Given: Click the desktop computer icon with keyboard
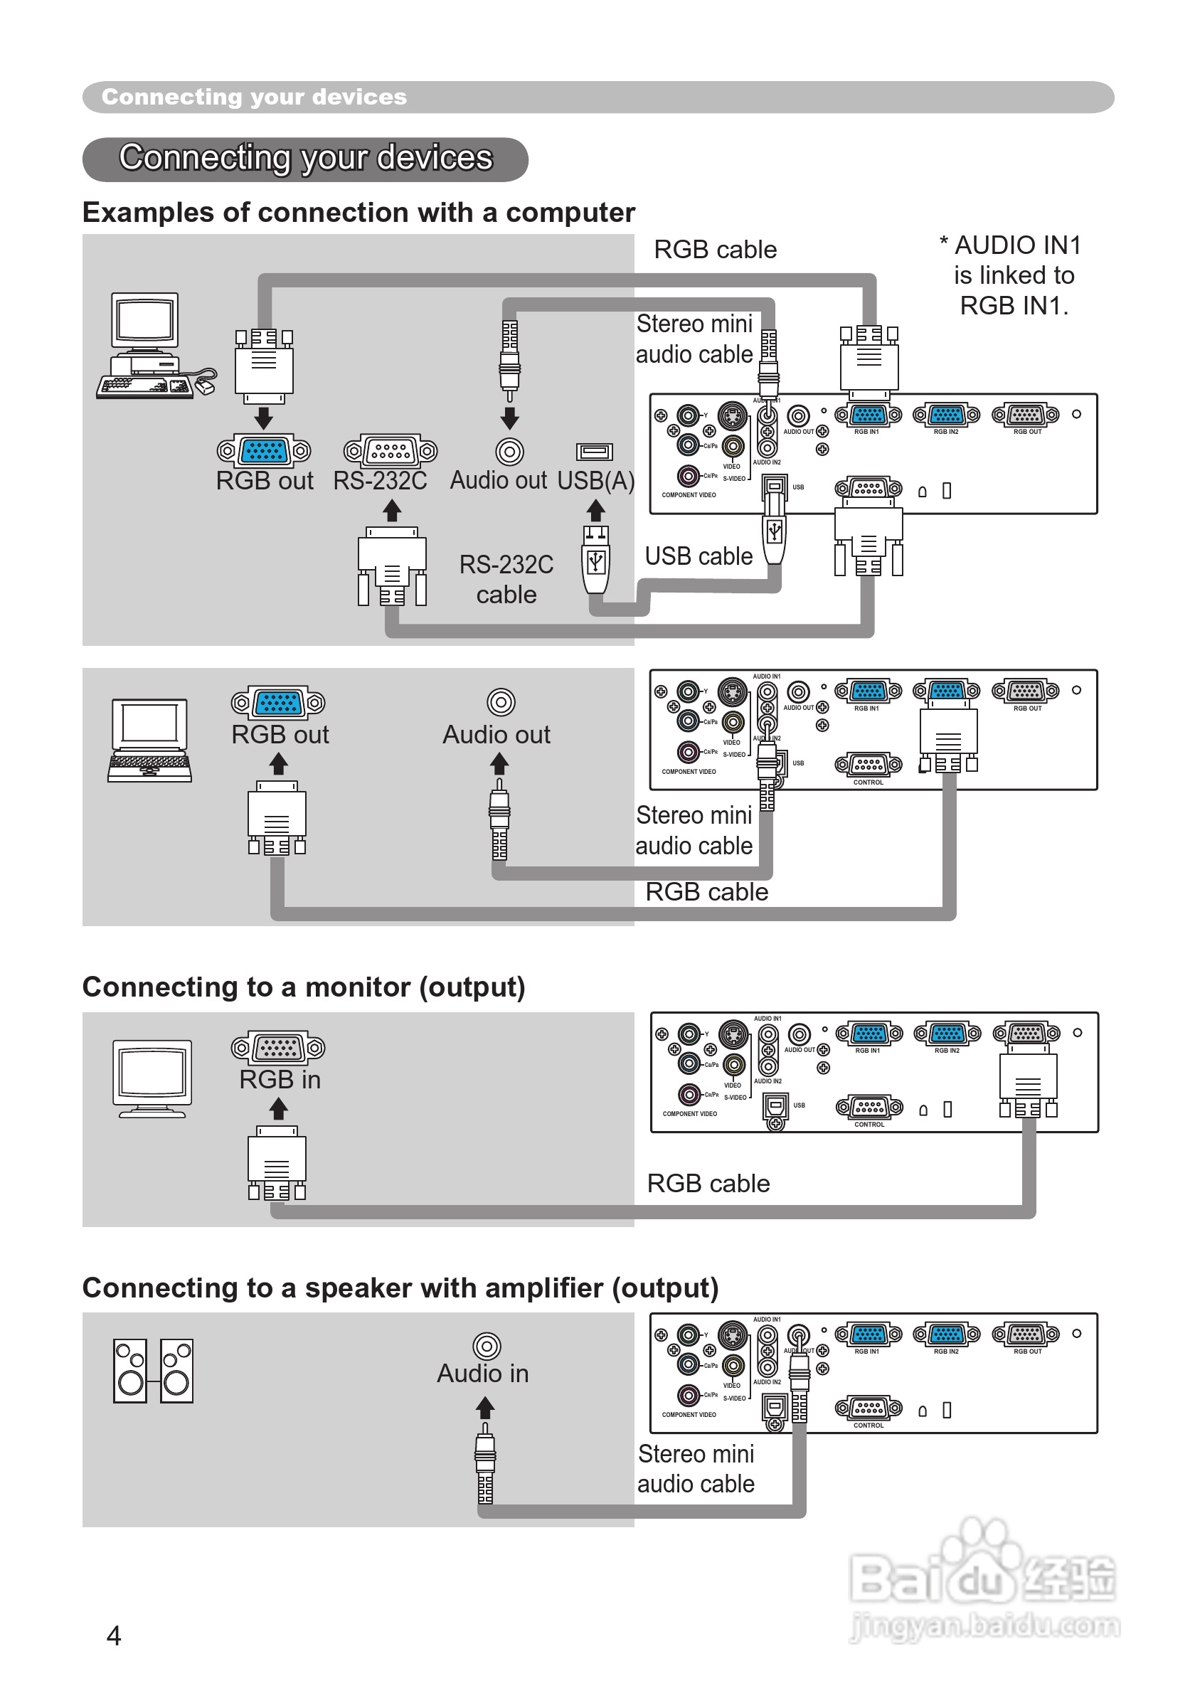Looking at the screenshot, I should coord(156,346).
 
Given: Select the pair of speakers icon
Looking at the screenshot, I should coord(154,1371).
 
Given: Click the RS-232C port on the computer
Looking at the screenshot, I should coord(391,450).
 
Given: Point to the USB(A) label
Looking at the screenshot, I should coord(595,481).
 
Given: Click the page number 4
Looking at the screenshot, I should coord(114,1635).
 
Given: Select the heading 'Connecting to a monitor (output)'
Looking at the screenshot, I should coord(304,987).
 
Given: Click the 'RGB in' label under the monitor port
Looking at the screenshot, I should coord(280,1080).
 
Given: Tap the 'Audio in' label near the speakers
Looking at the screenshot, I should coord(483,1374).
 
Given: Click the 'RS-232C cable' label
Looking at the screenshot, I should coord(506,580).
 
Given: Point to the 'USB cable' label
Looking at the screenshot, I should coord(698,556).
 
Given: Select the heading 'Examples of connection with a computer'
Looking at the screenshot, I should coord(358,213).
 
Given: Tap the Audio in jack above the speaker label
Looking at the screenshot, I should coord(487,1347).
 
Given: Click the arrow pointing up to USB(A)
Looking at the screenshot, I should coord(595,510).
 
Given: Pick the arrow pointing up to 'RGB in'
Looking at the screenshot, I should coord(279,1108).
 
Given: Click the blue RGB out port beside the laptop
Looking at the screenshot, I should coord(278,703).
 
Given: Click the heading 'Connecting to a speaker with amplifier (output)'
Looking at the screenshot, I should coord(400,1288).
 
